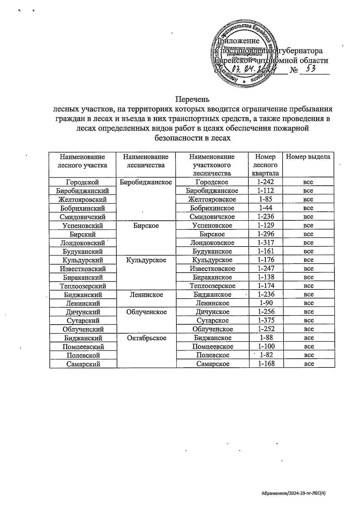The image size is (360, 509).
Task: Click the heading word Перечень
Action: pyautogui.click(x=192, y=99)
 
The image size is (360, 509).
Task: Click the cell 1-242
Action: pyautogui.click(x=265, y=182)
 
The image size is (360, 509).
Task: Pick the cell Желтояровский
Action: pyautogui.click(x=82, y=199)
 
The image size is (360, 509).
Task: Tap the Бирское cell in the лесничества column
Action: pyautogui.click(x=146, y=226)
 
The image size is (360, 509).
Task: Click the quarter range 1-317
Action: pyautogui.click(x=266, y=242)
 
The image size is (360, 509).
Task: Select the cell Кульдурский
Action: pyautogui.click(x=82, y=260)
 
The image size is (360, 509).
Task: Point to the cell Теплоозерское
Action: pyautogui.click(x=212, y=286)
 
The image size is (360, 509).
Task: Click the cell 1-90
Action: pyautogui.click(x=266, y=303)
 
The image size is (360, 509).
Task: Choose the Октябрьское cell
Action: pyautogui.click(x=146, y=338)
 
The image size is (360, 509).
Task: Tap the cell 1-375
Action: pyautogui.click(x=266, y=320)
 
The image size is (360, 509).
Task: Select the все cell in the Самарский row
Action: pyautogui.click(x=309, y=364)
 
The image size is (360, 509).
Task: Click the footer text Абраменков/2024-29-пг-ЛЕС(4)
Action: pyautogui.click(x=293, y=493)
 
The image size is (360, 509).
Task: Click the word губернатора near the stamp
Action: pyautogui.click(x=301, y=51)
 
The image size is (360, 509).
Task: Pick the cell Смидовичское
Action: pyautogui.click(x=212, y=217)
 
